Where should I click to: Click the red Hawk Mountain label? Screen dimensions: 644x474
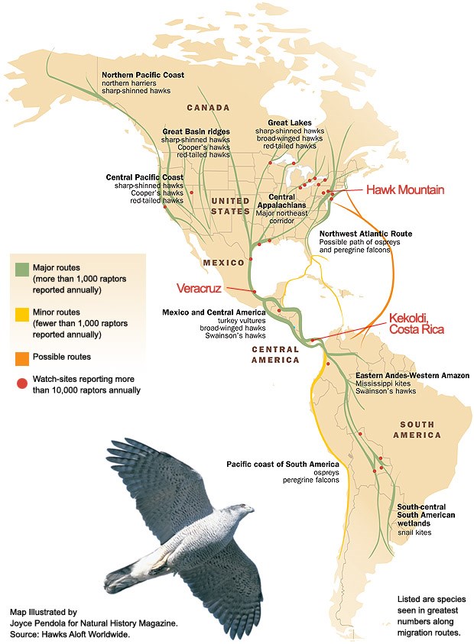click(405, 189)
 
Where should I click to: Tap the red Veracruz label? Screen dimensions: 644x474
click(199, 288)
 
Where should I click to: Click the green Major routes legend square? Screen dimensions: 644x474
click(21, 269)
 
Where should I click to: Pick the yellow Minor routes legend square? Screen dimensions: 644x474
click(21, 313)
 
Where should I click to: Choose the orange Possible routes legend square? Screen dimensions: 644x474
click(21, 357)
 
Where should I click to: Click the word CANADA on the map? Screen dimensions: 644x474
click(208, 108)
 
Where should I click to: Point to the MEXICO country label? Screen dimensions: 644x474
click(222, 263)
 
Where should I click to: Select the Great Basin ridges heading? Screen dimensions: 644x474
click(195, 131)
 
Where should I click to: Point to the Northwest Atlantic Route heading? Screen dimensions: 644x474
click(365, 233)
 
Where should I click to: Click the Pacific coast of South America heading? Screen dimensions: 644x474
click(282, 464)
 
